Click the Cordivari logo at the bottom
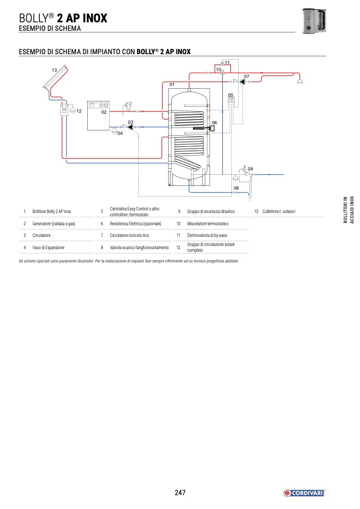coord(304,493)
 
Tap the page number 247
coord(180,493)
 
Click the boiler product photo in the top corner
coord(314,20)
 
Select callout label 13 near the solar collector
coord(54,70)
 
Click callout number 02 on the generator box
coord(104,112)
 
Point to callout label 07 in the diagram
coord(247,77)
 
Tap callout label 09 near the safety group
coord(250,169)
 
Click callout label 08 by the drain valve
coord(236,188)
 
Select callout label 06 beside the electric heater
coord(214,123)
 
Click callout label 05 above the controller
coord(231,95)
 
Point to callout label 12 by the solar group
coord(79,111)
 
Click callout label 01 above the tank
coord(172,84)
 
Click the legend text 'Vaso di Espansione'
coord(48,248)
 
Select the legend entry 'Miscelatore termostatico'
coord(207,224)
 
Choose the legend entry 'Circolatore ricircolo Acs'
coord(129,235)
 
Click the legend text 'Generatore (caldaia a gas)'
coord(54,224)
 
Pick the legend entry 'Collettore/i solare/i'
coord(279,211)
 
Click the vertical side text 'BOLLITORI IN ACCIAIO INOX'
coord(349,210)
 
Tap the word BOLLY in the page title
coord(34,18)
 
